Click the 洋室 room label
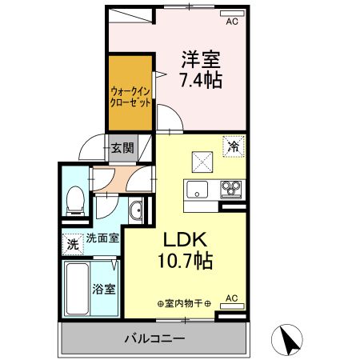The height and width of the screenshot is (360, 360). (x=202, y=59)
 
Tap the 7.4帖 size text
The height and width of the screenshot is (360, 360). (x=202, y=80)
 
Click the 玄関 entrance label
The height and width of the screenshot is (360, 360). (x=122, y=148)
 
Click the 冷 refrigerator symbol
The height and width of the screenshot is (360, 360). (x=234, y=146)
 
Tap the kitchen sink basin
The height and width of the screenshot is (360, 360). (x=198, y=190)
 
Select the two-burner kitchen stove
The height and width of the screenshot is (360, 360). (x=232, y=190)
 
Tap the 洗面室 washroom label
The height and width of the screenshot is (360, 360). (x=102, y=238)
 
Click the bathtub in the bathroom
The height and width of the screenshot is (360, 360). (x=77, y=290)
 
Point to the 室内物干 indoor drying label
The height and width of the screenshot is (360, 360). (x=184, y=304)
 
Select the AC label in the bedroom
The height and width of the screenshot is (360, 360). (x=233, y=22)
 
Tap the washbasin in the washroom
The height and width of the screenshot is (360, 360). (x=136, y=212)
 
